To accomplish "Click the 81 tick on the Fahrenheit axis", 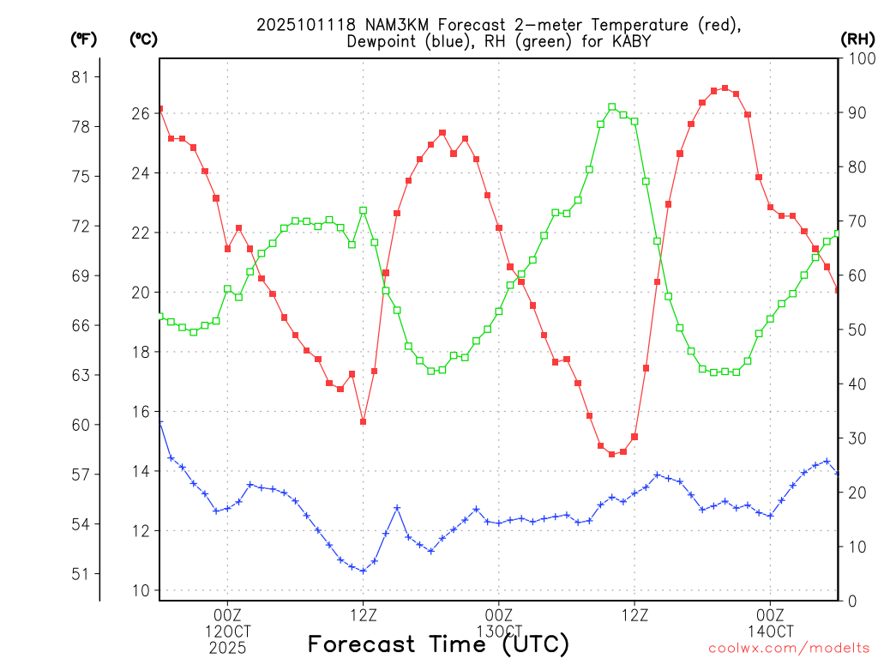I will coord(81,77).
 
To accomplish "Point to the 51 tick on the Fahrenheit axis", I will coord(81,573).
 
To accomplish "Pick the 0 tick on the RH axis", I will coord(849,601).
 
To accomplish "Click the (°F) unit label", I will coord(83,39).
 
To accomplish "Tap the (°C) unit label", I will coord(142,39).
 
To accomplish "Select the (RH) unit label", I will coord(857,39).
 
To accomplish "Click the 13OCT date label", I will coord(498,631).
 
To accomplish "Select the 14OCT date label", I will coord(770,631).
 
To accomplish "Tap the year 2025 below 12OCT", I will coord(227,648).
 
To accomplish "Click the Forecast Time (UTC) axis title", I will coord(438,644).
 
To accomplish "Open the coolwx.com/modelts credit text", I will coord(789,648).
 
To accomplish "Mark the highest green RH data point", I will coord(612,106).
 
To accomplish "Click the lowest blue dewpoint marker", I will coord(364,571).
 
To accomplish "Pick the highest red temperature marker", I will coord(725,88).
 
